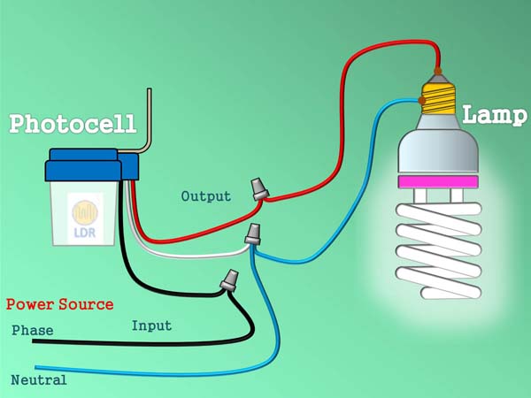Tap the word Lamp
pos(493,114)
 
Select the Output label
pos(205,195)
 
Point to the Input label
pos(151,325)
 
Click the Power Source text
pos(60,304)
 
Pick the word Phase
pos(33,331)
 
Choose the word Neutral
pos(39,380)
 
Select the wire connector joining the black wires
pos(228,281)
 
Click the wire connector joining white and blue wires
pos(252,234)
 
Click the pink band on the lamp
pos(439,182)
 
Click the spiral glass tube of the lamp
pos(438,252)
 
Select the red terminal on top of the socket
pos(436,72)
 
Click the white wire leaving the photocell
pos(195,253)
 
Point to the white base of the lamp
pos(438,150)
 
